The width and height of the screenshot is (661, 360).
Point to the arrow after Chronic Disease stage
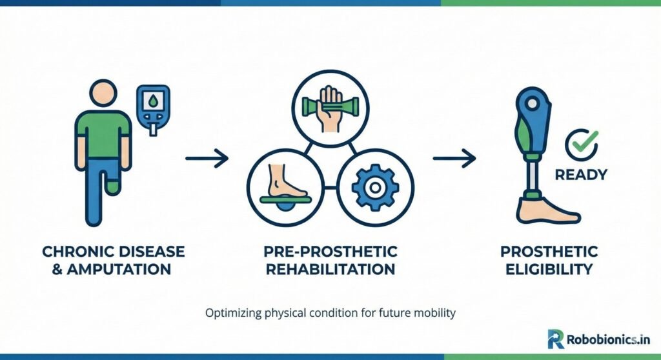pos(207,158)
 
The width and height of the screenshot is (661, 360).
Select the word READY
pos(581,175)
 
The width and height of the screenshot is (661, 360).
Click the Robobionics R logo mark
pos(555,339)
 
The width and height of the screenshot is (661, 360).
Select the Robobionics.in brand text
pos(609,339)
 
